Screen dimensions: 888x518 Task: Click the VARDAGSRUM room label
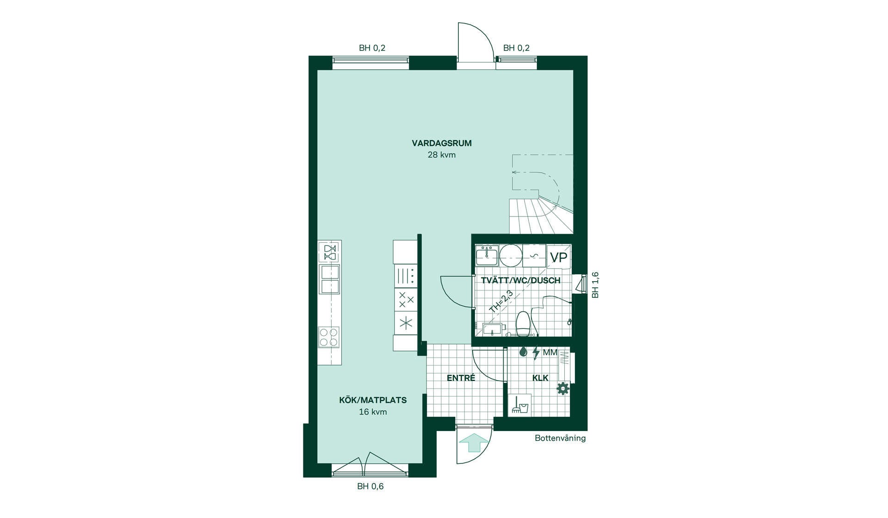[x=442, y=143]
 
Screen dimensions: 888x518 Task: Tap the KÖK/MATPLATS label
[x=373, y=400]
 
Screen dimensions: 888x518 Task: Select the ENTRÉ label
[x=461, y=378]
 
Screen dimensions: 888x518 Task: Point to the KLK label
[x=540, y=378]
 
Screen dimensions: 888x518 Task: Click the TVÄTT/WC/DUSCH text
[x=521, y=280]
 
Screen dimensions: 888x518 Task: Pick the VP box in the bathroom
[x=559, y=257]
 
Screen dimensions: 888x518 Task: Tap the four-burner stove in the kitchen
[x=329, y=337]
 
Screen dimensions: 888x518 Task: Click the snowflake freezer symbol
[x=406, y=323]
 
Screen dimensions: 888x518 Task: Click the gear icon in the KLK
[x=563, y=388]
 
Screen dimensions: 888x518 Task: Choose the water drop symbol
[x=523, y=352]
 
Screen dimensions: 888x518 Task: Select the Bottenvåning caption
[x=560, y=438]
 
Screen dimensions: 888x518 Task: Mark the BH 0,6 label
[x=370, y=487]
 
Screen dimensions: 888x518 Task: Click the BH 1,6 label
[x=595, y=285]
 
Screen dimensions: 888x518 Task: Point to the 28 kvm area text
[x=442, y=155]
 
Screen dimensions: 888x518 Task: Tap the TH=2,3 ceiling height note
[x=501, y=302]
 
